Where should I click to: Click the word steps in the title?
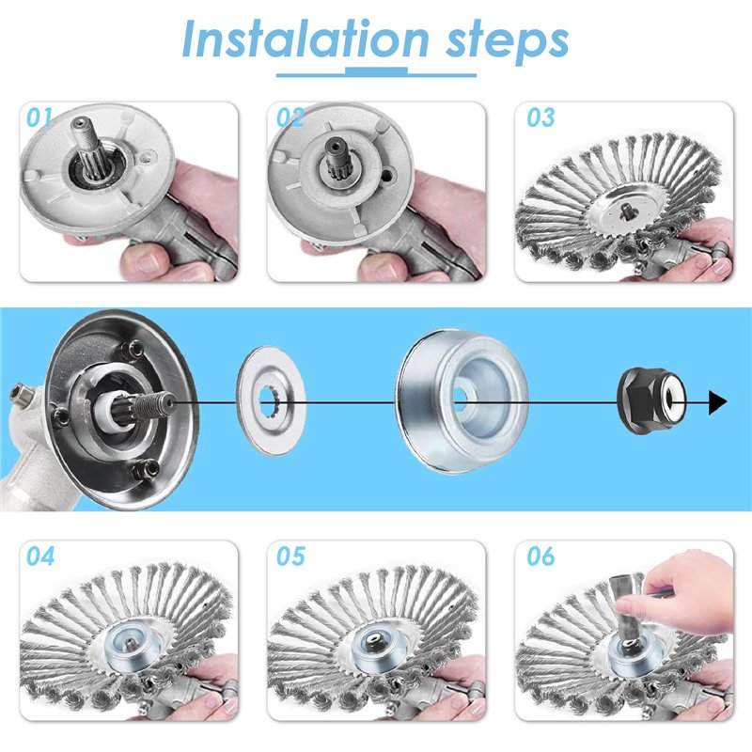[x=508, y=42]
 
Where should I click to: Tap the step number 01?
[x=39, y=117]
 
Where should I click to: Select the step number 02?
[x=290, y=117]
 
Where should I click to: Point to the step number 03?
[x=541, y=117]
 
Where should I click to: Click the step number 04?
[x=40, y=556]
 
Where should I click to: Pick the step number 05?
[x=290, y=556]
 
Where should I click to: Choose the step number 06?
[x=541, y=556]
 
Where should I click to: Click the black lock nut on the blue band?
[x=651, y=401]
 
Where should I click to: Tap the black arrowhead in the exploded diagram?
[x=717, y=402]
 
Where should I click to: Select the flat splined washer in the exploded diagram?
[x=271, y=401]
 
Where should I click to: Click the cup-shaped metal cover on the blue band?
[x=462, y=401]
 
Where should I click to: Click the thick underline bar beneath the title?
[x=376, y=72]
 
